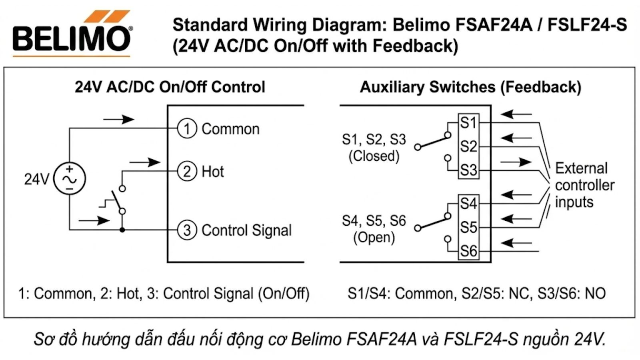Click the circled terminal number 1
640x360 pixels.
[187, 129]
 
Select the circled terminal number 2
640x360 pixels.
[187, 171]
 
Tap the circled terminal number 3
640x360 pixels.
[187, 230]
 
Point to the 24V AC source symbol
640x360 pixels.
[70, 179]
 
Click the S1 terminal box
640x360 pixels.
[468, 122]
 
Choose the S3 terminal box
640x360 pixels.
[468, 170]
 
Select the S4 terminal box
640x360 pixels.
[468, 203]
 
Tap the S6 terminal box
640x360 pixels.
[468, 251]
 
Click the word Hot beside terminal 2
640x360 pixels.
[213, 172]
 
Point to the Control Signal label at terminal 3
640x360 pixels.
[246, 230]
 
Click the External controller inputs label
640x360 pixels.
[584, 185]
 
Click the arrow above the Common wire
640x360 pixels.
[119, 119]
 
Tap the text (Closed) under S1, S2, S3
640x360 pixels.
[374, 156]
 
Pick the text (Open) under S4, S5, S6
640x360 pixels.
[374, 237]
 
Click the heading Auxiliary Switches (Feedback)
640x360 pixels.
[470, 87]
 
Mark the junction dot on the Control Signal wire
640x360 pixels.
[122, 230]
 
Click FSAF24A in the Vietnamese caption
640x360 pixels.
[381, 339]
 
